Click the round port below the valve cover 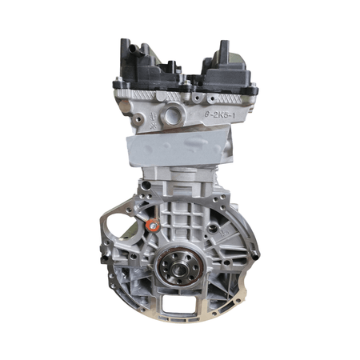click(173, 118)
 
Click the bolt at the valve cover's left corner click(118, 82)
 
